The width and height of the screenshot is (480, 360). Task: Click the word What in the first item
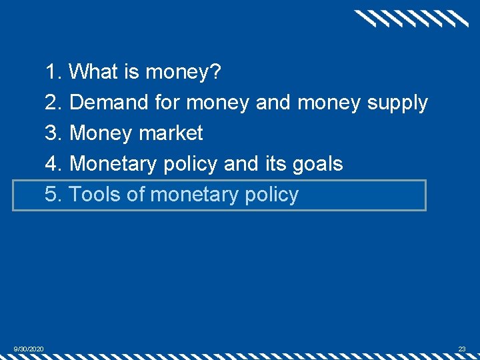(x=93, y=71)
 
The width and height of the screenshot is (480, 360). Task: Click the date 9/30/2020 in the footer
(x=29, y=349)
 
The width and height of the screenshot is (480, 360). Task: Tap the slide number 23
(x=461, y=349)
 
